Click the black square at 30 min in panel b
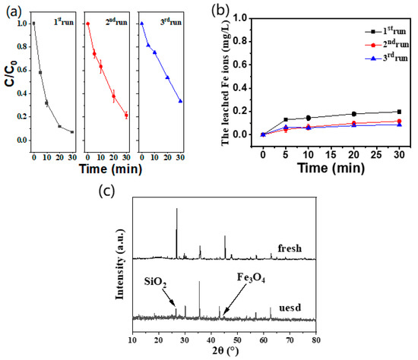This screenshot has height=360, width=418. click(x=399, y=112)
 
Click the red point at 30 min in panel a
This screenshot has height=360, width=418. click(x=126, y=115)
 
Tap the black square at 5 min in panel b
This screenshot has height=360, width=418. click(x=286, y=119)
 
